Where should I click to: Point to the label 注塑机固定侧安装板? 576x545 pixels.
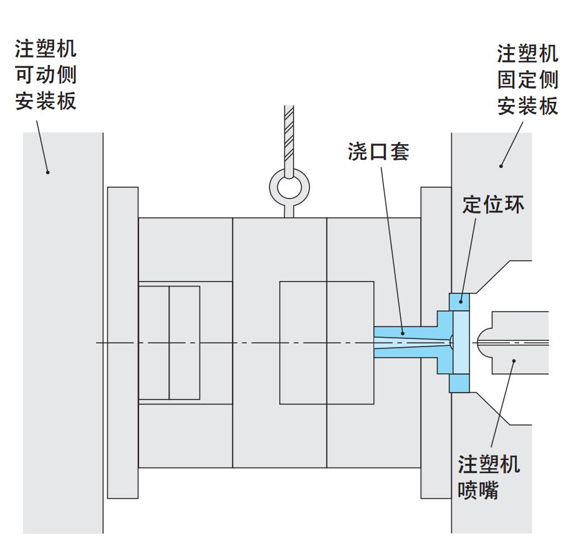527,80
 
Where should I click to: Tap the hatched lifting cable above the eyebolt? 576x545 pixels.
289,137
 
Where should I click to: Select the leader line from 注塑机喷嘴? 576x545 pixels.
504,406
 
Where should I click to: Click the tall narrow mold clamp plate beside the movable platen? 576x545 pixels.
123,342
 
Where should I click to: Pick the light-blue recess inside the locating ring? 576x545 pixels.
461,342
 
